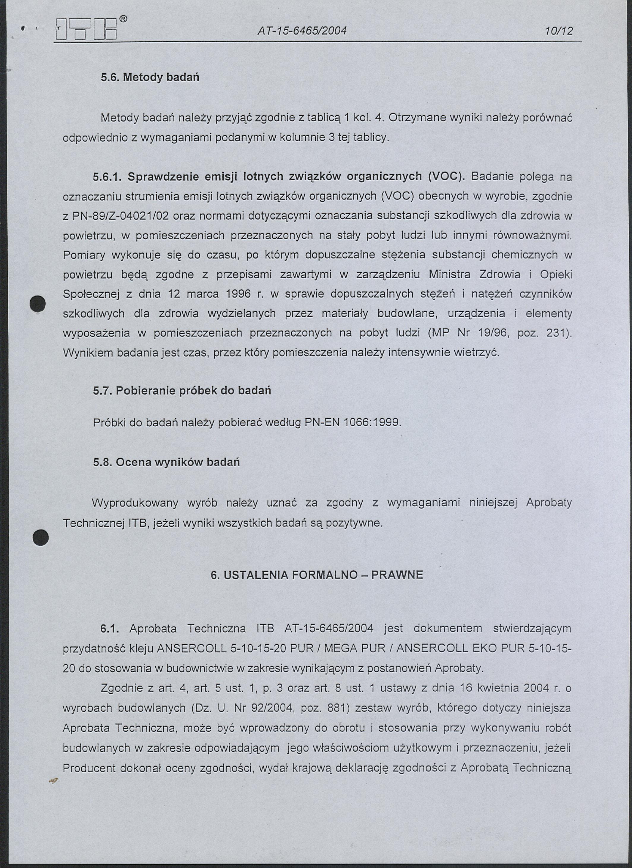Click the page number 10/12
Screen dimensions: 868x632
(559, 31)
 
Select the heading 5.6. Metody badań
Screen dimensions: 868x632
(150, 77)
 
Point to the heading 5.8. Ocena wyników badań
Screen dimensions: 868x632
(166, 462)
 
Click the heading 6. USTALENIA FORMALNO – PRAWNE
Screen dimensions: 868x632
(317, 575)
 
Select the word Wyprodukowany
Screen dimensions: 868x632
(135, 503)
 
